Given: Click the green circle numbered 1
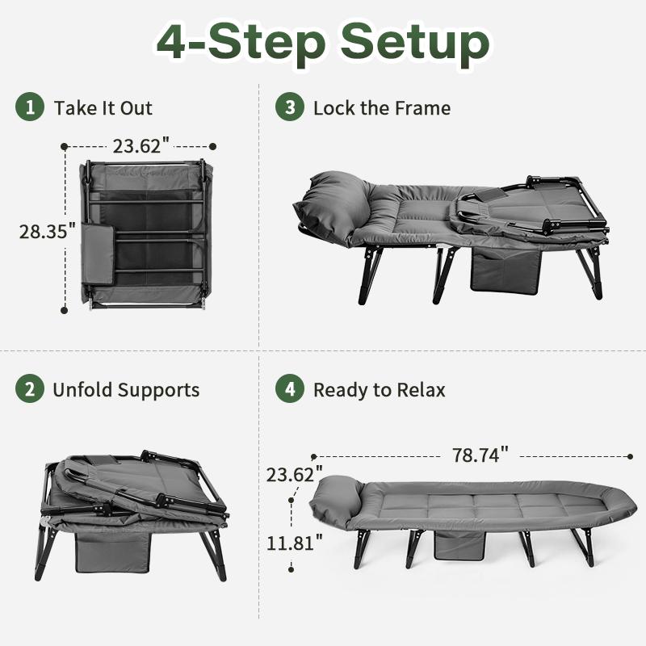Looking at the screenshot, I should click(30, 107).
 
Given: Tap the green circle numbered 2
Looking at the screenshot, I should click(30, 389).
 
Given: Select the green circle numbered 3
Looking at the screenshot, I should click(289, 107).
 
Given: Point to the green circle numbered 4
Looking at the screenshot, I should click(289, 389).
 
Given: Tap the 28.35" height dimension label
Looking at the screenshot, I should click(47, 231).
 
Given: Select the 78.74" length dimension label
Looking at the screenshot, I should click(480, 455).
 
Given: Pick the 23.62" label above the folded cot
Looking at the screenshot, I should click(141, 146).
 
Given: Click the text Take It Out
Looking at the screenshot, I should click(103, 108).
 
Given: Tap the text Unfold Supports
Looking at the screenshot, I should click(125, 390).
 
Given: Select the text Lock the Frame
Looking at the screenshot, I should click(382, 108).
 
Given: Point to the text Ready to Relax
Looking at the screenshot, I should click(380, 390).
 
